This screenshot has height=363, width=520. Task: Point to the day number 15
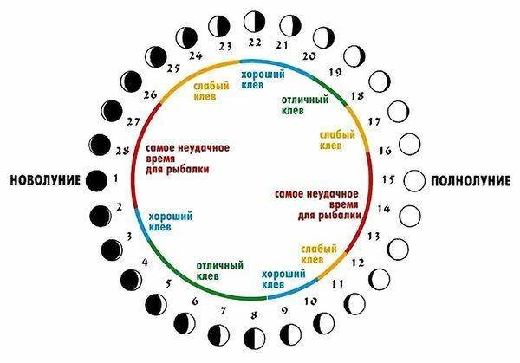coord(388,179)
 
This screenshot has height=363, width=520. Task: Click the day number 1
coord(116,179)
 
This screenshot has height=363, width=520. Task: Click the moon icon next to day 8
coord(254,337)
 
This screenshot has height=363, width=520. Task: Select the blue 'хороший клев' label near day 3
coord(170,221)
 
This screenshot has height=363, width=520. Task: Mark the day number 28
coord(122,151)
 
